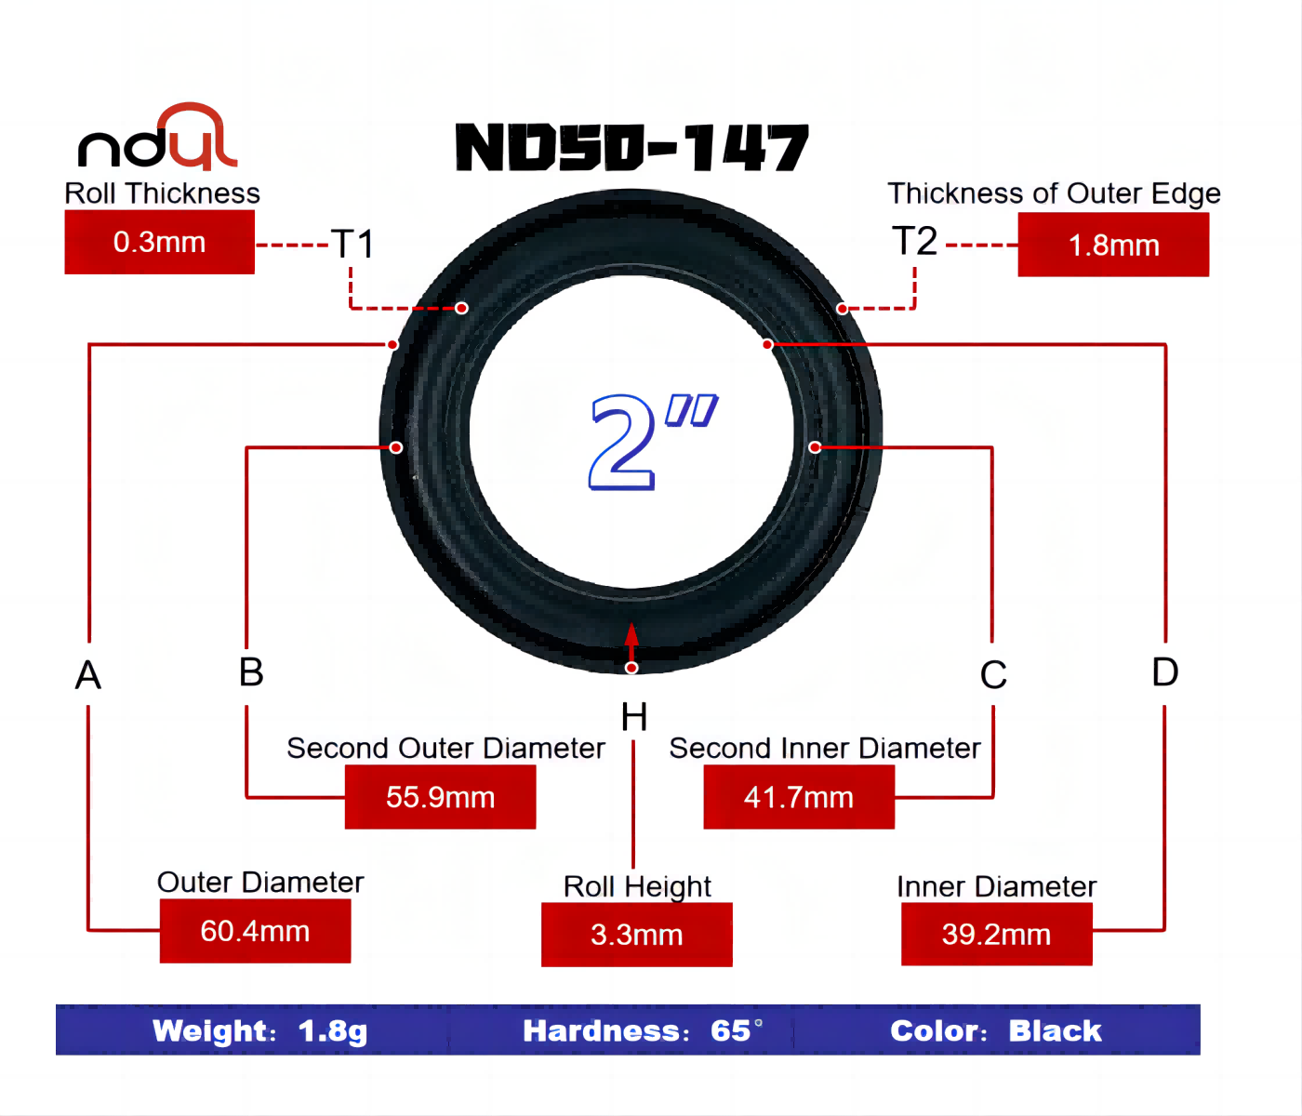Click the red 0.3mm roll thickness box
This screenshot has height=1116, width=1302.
pyautogui.click(x=159, y=242)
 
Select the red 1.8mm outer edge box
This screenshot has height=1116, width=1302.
pyautogui.click(x=1113, y=245)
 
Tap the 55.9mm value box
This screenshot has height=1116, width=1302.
pyautogui.click(x=440, y=797)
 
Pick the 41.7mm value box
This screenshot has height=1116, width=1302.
pyautogui.click(x=799, y=797)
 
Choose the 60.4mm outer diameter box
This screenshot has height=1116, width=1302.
pyautogui.click(x=255, y=931)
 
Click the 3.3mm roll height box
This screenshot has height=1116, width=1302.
pyautogui.click(x=636, y=935)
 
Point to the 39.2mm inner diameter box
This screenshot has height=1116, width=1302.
pyautogui.click(x=996, y=935)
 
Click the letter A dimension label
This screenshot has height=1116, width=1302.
pyautogui.click(x=88, y=675)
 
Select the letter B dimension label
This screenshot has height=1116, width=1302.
pyautogui.click(x=251, y=672)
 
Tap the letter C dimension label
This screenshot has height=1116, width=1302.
pyautogui.click(x=993, y=675)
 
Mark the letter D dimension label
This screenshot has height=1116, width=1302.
pyautogui.click(x=1164, y=672)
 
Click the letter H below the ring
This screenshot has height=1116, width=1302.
pyautogui.click(x=634, y=718)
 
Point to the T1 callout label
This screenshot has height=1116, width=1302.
pyautogui.click(x=353, y=245)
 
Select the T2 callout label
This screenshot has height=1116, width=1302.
pyautogui.click(x=914, y=242)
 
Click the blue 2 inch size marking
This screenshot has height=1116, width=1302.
pyautogui.click(x=651, y=441)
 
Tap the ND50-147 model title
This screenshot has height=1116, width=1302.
pyautogui.click(x=631, y=149)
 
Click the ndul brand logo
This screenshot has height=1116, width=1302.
pyautogui.click(x=158, y=139)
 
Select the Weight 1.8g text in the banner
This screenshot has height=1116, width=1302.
pyautogui.click(x=259, y=1030)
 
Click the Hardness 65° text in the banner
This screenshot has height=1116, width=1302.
pyautogui.click(x=642, y=1030)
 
